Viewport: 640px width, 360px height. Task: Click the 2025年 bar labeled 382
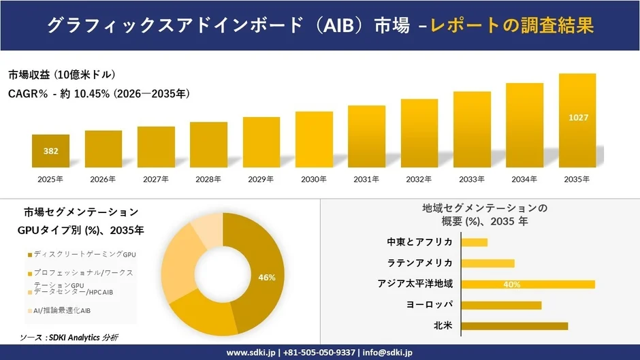pyautogui.click(x=50, y=151)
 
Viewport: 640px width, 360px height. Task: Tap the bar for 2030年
pyautogui.click(x=314, y=140)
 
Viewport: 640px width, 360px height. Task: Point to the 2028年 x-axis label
pyautogui.click(x=208, y=180)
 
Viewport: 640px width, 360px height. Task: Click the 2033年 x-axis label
pyautogui.click(x=472, y=180)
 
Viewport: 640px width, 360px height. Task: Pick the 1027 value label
pyautogui.click(x=577, y=118)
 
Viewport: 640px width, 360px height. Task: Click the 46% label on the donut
pyautogui.click(x=267, y=277)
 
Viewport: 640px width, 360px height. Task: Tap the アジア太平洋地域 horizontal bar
pyautogui.click(x=528, y=284)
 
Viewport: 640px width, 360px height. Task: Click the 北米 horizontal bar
pyautogui.click(x=514, y=326)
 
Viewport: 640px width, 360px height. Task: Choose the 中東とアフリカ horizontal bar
pyautogui.click(x=474, y=242)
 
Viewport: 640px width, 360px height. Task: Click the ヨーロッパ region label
pyautogui.click(x=429, y=305)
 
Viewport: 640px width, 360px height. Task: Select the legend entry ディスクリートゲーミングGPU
pyautogui.click(x=82, y=254)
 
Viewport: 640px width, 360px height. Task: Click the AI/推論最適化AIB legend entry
pyautogui.click(x=61, y=310)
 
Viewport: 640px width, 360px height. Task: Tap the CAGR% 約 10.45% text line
pyautogui.click(x=99, y=94)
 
